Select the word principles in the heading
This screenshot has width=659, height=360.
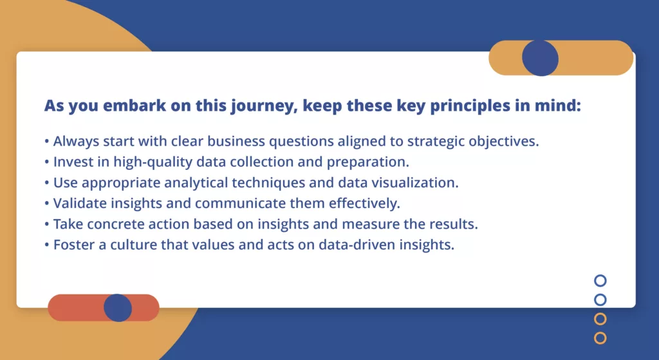[484, 106]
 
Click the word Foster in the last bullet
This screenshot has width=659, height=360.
[72, 245]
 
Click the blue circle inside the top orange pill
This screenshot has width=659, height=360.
[540, 58]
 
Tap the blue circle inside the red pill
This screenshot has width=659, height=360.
[118, 308]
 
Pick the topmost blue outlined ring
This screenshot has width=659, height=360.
[600, 280]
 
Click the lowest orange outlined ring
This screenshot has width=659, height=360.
[600, 337]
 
